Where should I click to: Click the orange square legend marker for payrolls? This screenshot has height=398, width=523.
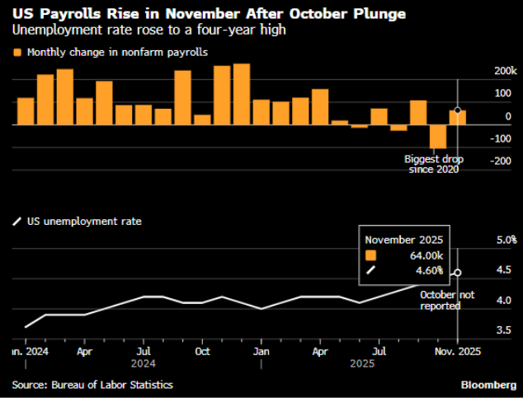pos(16,52)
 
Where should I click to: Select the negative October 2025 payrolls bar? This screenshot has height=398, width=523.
pos(438,137)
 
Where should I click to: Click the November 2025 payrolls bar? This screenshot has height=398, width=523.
pos(458,117)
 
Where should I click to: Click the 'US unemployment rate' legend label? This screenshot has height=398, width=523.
pos(82,222)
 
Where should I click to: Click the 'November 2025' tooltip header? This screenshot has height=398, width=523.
pos(404,239)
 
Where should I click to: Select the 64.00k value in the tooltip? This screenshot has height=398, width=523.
pos(425,255)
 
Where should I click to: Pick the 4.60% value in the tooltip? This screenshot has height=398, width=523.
pos(427,269)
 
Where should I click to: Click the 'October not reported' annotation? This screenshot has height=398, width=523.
pos(441,300)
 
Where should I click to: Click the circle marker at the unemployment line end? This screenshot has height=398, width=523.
pos(458,273)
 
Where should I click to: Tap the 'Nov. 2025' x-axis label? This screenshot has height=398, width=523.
pos(459,350)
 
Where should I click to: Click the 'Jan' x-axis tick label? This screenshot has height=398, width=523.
pos(261,350)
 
